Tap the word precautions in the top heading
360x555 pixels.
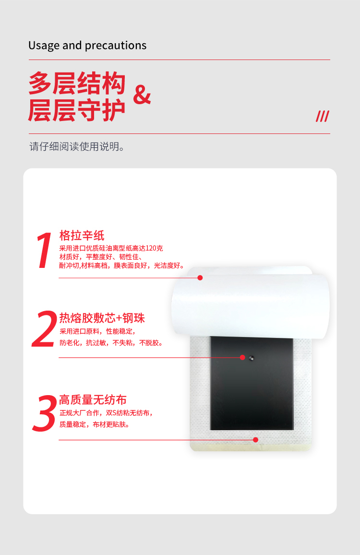pyautogui.click(x=115, y=46)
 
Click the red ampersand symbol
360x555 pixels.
pyautogui.click(x=142, y=95)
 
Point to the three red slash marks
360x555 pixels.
pyautogui.click(x=323, y=116)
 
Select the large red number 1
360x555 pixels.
pyautogui.click(x=44, y=250)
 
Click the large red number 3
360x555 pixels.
pyautogui.click(x=45, y=413)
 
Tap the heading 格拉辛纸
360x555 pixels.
pyautogui.click(x=82, y=235)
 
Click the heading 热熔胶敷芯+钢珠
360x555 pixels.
pyautogui.click(x=102, y=318)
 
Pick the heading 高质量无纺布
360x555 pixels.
pyautogui.click(x=93, y=400)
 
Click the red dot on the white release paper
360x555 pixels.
pyautogui.click(x=200, y=278)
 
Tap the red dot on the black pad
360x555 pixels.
pyautogui.click(x=242, y=358)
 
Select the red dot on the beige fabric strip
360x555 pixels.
pyautogui.click(x=255, y=440)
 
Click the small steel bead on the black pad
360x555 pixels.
pyautogui.click(x=252, y=358)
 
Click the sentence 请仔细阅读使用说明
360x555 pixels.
pyautogui.click(x=77, y=146)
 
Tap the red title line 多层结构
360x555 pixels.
pyautogui.click(x=77, y=83)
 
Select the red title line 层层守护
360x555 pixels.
pyautogui.click(x=77, y=110)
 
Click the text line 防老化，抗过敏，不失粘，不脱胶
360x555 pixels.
pyautogui.click(x=111, y=343)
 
